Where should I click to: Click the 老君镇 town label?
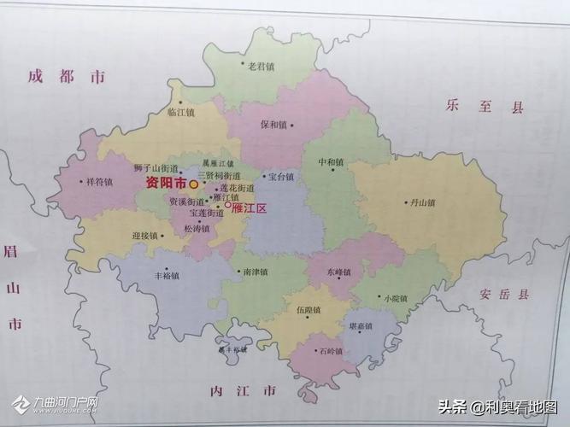[x=261, y=66]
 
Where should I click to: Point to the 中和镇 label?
[x=331, y=162]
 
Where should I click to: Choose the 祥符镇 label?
[x=99, y=182]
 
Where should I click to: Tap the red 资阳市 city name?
[x=166, y=183]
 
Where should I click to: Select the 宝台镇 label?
[x=281, y=177]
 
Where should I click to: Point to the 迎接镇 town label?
[x=146, y=235]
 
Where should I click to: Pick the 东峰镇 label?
[x=339, y=272]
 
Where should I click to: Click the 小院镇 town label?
[x=396, y=298]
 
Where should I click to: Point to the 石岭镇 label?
[x=330, y=351]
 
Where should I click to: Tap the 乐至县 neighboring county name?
[x=483, y=106]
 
